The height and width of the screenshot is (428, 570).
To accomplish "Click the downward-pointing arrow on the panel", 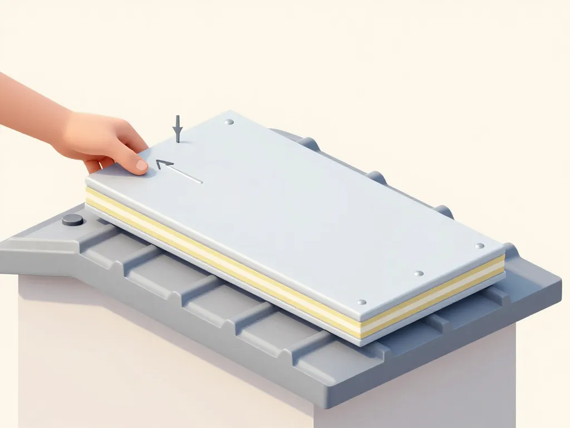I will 178,130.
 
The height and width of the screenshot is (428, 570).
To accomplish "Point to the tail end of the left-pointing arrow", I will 200,181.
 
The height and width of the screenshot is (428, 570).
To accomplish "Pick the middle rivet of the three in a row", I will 419,274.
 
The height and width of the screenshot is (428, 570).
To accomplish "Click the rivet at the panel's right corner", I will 479,246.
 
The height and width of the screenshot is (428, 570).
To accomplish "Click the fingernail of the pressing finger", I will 141,164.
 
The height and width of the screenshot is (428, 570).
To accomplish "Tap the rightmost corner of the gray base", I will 559,279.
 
